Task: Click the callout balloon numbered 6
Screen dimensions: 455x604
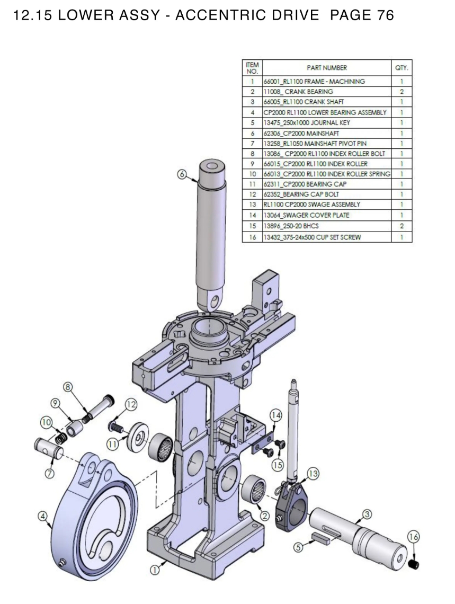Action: pos(182,174)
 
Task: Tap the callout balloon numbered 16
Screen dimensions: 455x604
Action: pos(413,537)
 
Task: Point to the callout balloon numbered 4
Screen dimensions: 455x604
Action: pos(43,516)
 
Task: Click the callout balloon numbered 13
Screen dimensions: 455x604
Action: pos(313,474)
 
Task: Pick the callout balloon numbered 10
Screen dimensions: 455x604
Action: pos(46,422)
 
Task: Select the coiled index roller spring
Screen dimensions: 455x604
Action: pos(60,438)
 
